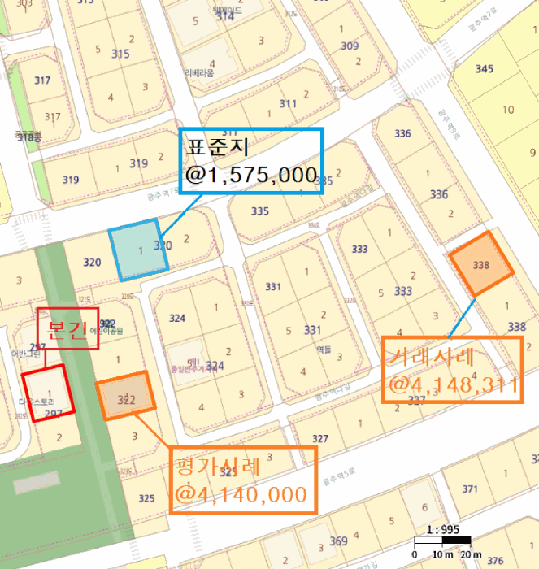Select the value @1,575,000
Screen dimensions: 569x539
[251, 175]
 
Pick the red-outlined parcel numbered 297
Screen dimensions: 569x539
[49, 392]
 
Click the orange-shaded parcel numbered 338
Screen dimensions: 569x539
[481, 265]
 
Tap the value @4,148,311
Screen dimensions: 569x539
[453, 384]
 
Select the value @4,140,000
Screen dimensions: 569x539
[241, 494]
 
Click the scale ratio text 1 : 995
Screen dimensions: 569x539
[443, 529]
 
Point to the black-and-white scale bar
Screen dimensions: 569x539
[441, 541]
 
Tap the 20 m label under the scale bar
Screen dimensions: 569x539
[471, 554]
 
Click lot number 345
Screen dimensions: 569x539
[484, 69]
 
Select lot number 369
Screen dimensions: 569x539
[338, 541]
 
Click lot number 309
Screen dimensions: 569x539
[349, 46]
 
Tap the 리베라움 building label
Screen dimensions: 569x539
[199, 72]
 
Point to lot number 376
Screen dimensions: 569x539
[495, 560]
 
